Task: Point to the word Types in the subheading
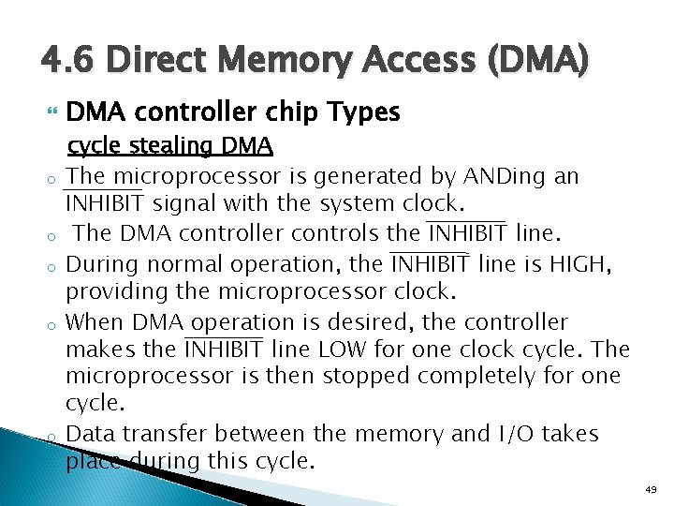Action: coord(364,112)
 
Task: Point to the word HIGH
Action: coord(580,265)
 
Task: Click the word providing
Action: coord(110,291)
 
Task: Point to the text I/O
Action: coord(514,434)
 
